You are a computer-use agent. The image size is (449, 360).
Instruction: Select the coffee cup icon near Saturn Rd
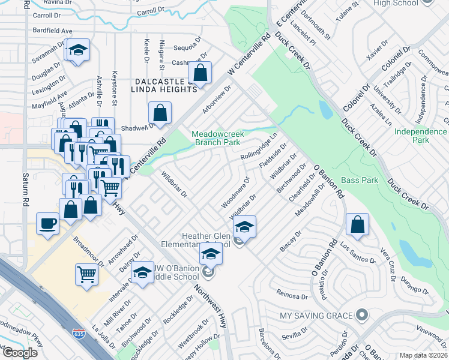(47, 223)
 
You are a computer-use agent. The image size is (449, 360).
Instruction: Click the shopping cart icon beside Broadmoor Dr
(86, 274)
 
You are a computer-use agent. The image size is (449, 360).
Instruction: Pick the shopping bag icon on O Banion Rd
(357, 225)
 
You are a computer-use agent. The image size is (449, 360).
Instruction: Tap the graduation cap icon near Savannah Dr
(77, 51)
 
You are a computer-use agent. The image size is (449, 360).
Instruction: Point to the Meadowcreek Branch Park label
(216, 138)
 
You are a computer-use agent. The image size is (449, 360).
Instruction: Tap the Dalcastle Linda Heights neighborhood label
(164, 85)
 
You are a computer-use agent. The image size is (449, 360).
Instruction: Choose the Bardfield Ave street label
(53, 31)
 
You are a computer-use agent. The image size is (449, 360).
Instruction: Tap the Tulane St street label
(348, 11)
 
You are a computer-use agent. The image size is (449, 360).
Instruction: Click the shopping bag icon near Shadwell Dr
(160, 112)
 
